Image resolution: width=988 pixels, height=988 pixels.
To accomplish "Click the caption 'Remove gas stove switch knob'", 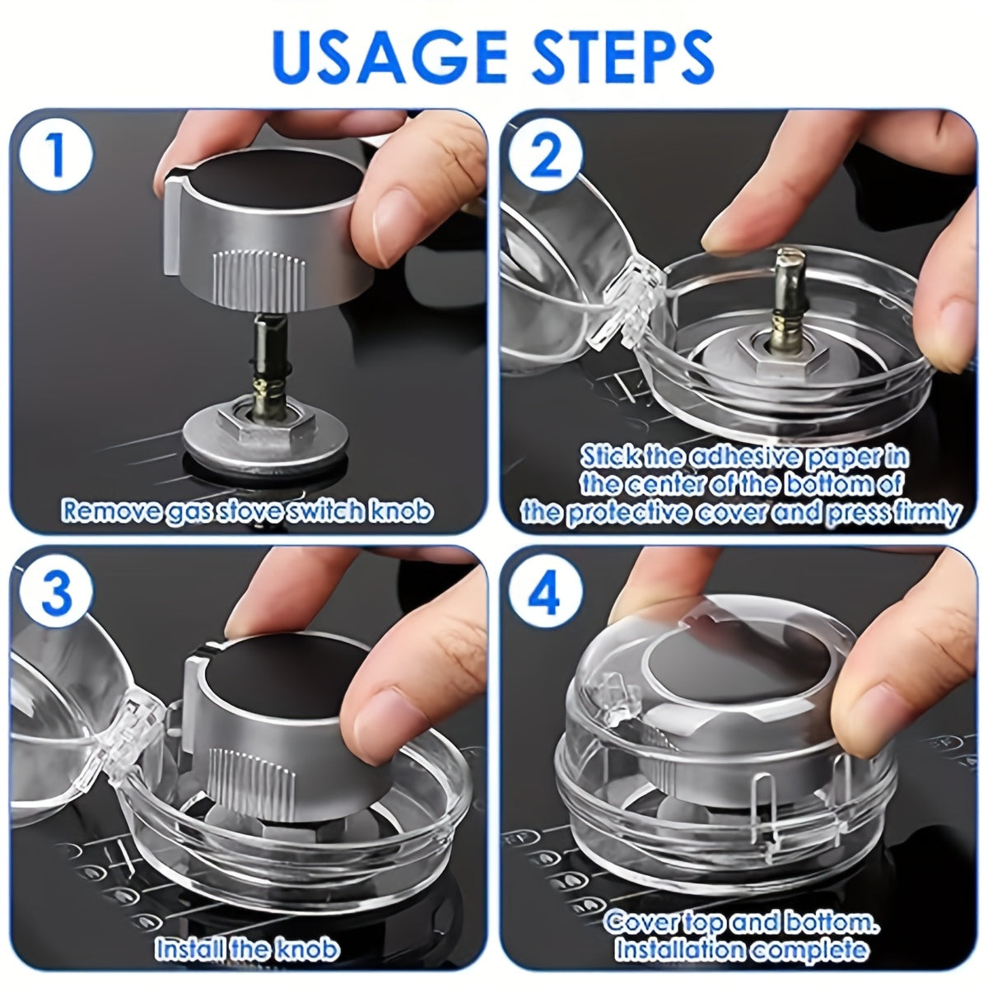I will point(247,510).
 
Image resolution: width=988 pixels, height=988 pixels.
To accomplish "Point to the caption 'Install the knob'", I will point(247,948).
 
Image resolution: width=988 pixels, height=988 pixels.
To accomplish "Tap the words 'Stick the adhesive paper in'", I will point(745,456).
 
